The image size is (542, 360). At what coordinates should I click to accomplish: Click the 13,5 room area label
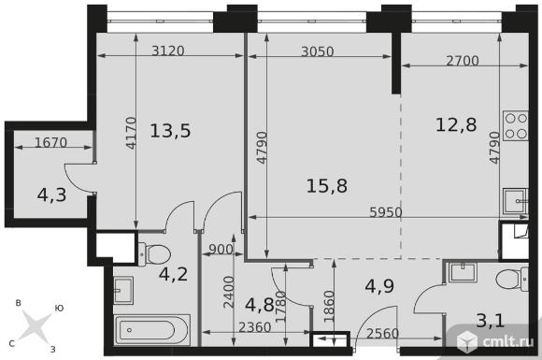click(x=170, y=131)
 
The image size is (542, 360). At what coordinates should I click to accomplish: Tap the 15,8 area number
click(x=327, y=186)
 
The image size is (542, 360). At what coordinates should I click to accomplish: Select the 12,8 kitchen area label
click(x=456, y=124)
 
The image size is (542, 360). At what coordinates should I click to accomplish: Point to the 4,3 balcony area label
click(x=51, y=195)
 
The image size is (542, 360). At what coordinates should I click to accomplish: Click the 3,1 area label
click(x=491, y=321)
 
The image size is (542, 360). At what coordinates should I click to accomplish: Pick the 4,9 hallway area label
click(x=379, y=286)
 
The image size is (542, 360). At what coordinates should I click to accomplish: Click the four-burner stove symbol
click(x=516, y=125)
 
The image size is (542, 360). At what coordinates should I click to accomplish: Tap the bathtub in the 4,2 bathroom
click(x=151, y=330)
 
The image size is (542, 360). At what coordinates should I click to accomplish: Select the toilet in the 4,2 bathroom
click(x=154, y=254)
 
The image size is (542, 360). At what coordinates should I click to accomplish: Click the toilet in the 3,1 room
click(x=512, y=279)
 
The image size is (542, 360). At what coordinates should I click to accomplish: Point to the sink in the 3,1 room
click(x=463, y=272)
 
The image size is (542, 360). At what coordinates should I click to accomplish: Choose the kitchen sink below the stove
click(x=516, y=201)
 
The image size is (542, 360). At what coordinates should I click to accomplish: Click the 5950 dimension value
click(x=386, y=212)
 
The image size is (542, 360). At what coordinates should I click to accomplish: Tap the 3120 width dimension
click(x=168, y=51)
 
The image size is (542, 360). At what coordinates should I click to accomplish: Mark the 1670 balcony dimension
click(x=50, y=142)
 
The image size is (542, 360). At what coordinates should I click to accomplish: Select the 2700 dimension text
click(x=463, y=61)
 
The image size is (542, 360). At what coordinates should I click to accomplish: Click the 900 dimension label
click(x=221, y=250)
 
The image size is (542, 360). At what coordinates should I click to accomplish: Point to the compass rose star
click(x=35, y=325)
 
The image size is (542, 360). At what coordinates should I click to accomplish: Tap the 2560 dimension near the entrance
click(x=382, y=334)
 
